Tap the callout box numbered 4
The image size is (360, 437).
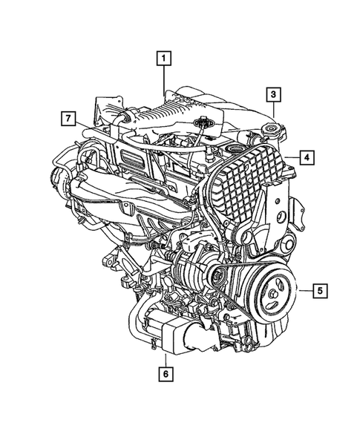[307, 157]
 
